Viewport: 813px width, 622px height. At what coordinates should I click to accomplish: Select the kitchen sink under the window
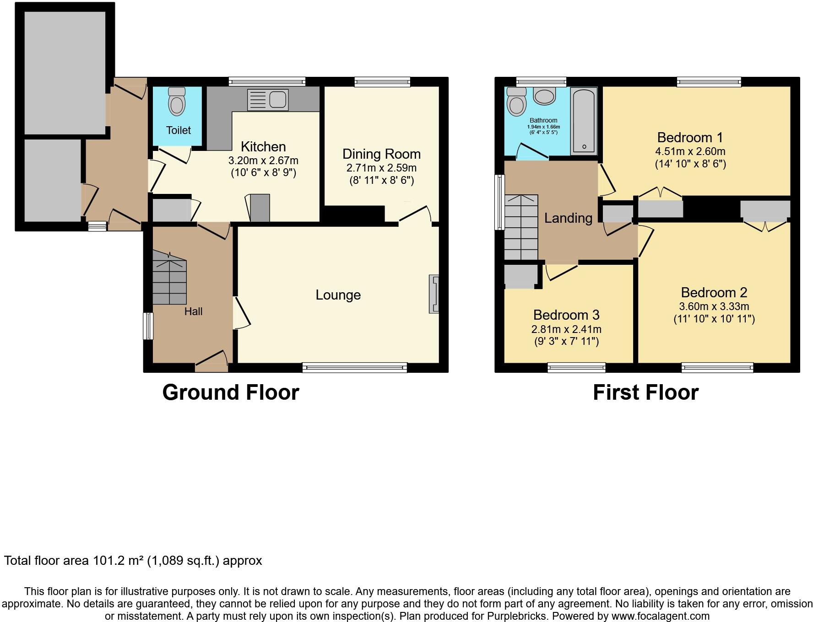point(268,100)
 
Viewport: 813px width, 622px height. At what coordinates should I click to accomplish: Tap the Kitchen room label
point(263,147)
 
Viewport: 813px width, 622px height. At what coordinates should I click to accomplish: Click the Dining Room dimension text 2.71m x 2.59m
point(381,168)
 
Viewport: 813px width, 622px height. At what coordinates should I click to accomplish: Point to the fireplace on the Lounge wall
point(434,294)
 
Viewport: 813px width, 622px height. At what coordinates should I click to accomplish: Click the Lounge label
point(338,295)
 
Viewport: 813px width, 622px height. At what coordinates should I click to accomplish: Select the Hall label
point(193,311)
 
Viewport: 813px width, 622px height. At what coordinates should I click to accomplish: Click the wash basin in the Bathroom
point(544,97)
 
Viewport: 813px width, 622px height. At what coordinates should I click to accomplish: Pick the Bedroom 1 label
point(690,138)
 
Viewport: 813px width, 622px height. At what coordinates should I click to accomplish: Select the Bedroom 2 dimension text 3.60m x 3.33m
point(714,306)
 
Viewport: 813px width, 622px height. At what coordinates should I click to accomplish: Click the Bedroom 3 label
point(566,315)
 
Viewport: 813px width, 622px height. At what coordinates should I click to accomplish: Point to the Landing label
point(568,218)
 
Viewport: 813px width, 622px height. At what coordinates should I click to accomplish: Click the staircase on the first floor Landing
point(521,227)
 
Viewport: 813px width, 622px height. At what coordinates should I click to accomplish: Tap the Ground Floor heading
point(231,392)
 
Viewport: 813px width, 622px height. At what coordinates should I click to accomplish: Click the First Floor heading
point(645,392)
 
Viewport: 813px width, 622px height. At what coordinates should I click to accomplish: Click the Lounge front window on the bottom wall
point(354,367)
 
